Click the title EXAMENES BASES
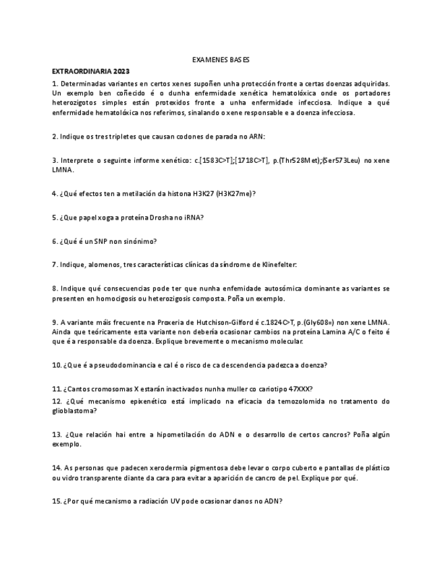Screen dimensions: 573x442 tap(221, 60)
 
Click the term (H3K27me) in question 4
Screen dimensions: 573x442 tap(233, 194)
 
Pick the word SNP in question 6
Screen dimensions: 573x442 tap(105, 241)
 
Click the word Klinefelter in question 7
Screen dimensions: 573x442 tap(275, 265)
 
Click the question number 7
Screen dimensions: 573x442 tap(55, 265)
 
